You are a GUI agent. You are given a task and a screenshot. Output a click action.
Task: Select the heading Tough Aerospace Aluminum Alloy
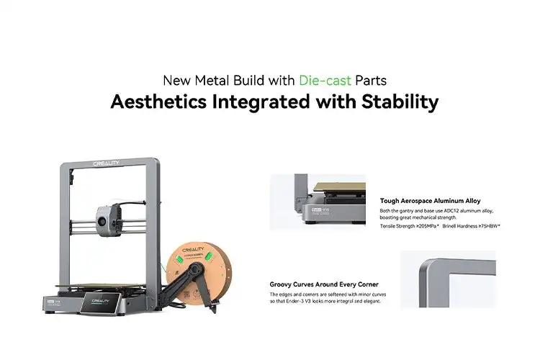click(430, 201)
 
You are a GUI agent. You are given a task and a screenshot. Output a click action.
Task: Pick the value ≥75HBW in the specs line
click(487, 226)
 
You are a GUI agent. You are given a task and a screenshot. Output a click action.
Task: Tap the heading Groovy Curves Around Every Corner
click(323, 284)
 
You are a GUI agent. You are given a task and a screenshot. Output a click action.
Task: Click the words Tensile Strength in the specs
click(396, 226)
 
